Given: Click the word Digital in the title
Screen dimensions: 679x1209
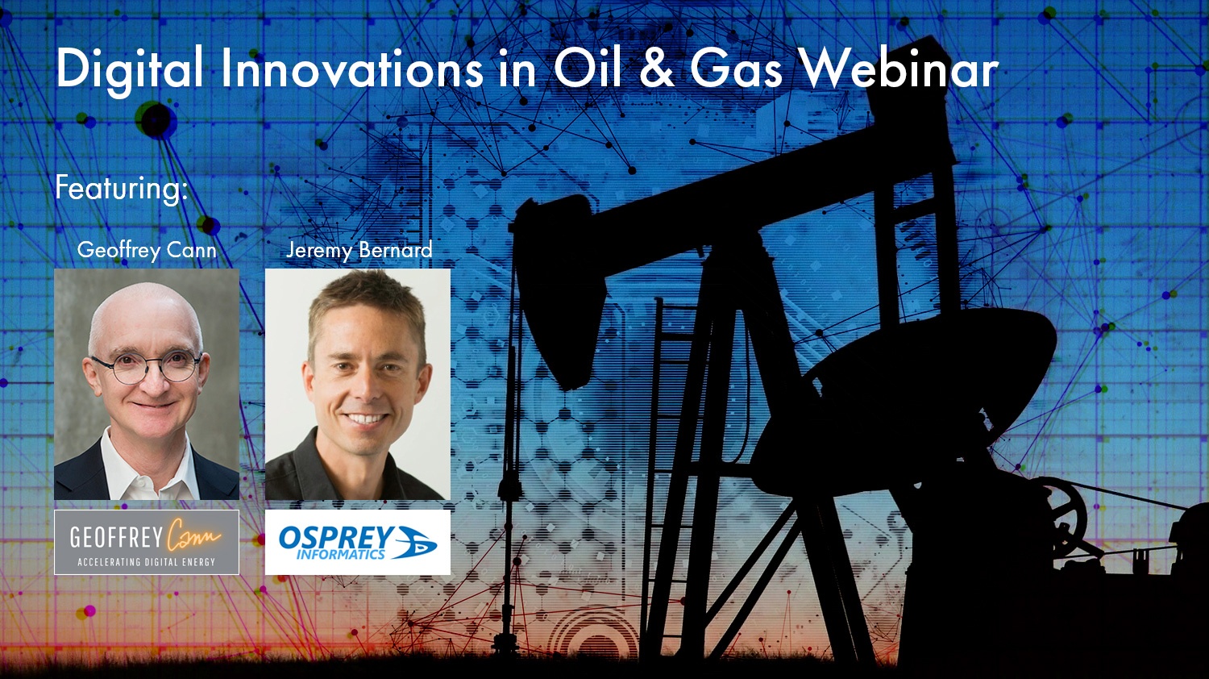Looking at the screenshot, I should pyautogui.click(x=129, y=69).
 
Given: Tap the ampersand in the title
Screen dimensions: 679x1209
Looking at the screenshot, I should pyautogui.click(x=658, y=69).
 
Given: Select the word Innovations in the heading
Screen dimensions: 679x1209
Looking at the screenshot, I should pyautogui.click(x=352, y=69).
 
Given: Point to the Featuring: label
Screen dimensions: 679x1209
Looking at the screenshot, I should pyautogui.click(x=121, y=189).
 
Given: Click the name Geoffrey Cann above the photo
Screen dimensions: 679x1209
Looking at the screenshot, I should pyautogui.click(x=147, y=250).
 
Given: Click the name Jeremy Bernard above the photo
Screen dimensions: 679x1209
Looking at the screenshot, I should pyautogui.click(x=359, y=250).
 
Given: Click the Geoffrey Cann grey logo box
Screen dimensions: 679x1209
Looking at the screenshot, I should pyautogui.click(x=147, y=542).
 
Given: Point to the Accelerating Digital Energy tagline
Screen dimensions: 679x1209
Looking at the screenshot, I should pyautogui.click(x=147, y=562).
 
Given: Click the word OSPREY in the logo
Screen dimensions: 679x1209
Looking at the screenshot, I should pyautogui.click(x=336, y=537).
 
